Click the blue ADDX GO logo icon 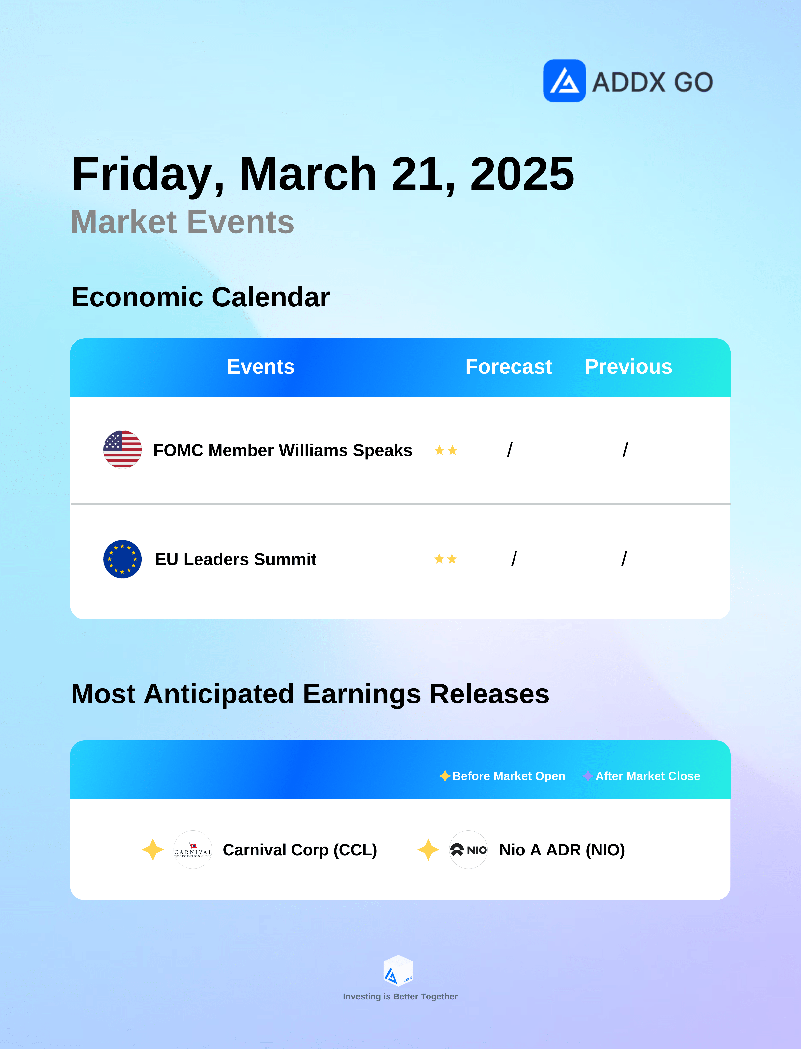click(x=565, y=81)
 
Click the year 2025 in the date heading click(x=522, y=174)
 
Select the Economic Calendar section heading click(x=200, y=297)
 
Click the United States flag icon click(x=122, y=450)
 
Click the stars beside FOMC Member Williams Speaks click(x=446, y=450)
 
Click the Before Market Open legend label click(x=509, y=776)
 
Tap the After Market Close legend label click(x=648, y=776)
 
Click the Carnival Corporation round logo click(x=193, y=850)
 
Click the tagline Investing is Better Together click(x=400, y=996)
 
